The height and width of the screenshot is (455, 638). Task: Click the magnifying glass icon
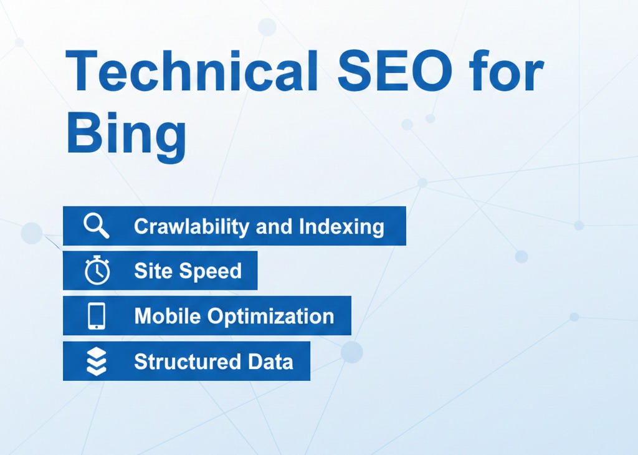click(x=97, y=226)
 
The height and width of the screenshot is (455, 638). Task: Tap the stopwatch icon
click(x=97, y=271)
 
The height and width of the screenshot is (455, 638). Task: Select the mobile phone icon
click(x=97, y=316)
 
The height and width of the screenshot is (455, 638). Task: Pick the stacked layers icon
click(x=97, y=361)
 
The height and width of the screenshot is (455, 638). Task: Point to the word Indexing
click(x=341, y=226)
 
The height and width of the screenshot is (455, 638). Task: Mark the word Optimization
click(x=271, y=316)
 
